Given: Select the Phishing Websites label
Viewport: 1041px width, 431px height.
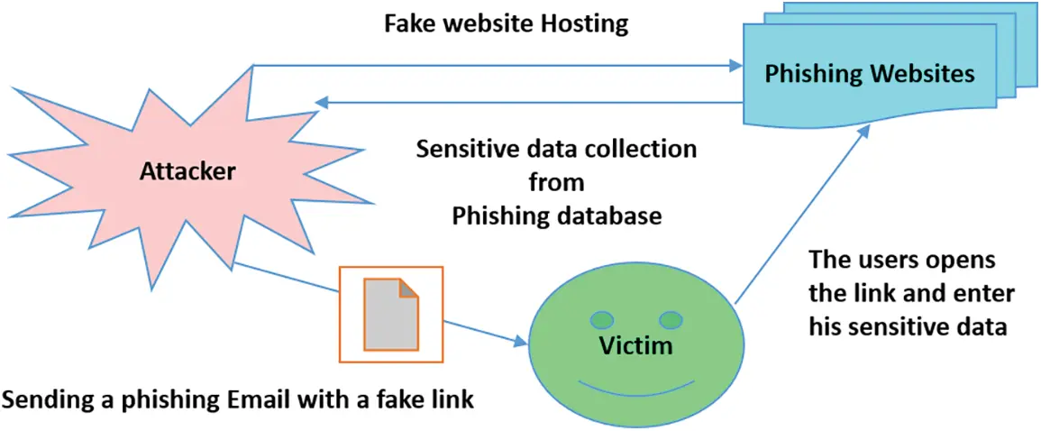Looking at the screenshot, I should [x=869, y=74].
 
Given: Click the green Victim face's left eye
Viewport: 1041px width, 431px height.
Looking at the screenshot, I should [x=601, y=319].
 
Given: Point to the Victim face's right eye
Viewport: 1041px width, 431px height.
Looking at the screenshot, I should [x=671, y=319].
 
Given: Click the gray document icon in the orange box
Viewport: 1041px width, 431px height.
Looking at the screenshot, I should [x=390, y=314].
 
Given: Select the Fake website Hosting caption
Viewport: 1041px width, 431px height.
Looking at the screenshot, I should [x=507, y=23].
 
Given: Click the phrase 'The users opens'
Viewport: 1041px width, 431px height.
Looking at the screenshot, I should [x=901, y=261].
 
